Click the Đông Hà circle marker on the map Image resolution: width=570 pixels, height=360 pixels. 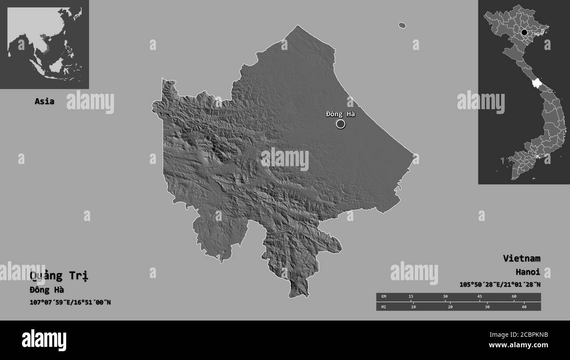tap(341, 124)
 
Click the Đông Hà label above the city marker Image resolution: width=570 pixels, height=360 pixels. tap(340, 114)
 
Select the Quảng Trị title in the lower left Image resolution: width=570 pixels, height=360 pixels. tap(59, 276)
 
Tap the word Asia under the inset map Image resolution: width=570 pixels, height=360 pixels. tap(45, 101)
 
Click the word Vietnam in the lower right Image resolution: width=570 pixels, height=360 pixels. tap(521, 258)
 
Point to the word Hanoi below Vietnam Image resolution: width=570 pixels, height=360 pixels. tap(527, 271)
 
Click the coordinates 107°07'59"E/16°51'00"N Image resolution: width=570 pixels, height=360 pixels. tap(70, 302)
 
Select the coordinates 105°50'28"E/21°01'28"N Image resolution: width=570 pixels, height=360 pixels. tap(500, 285)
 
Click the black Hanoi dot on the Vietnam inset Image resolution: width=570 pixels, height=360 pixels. tap(524, 32)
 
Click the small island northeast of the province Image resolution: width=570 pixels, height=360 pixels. tap(402, 25)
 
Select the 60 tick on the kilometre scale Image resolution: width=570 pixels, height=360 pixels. tap(514, 297)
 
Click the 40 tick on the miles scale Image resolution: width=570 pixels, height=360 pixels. tap(524, 307)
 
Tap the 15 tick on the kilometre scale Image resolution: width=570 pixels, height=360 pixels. tap(411, 297)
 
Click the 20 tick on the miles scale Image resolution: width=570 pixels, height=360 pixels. tap(450, 307)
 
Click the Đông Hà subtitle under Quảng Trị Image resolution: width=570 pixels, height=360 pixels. tap(46, 289)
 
